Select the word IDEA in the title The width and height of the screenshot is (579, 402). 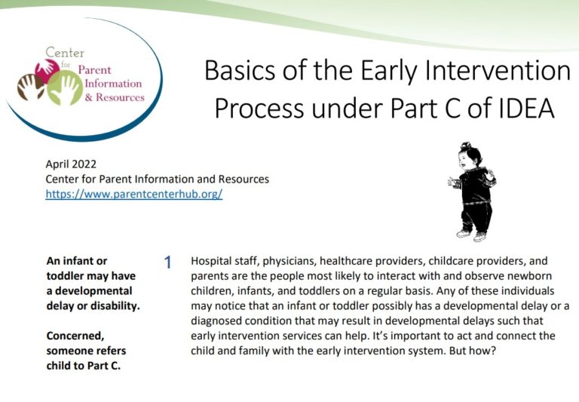click(x=520, y=109)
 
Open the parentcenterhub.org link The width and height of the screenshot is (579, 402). click(x=133, y=194)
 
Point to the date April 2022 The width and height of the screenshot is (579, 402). click(x=71, y=164)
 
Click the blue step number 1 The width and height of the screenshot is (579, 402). click(x=168, y=262)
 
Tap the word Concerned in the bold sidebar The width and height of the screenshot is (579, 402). click(x=75, y=335)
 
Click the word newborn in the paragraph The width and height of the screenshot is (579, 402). click(x=548, y=275)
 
